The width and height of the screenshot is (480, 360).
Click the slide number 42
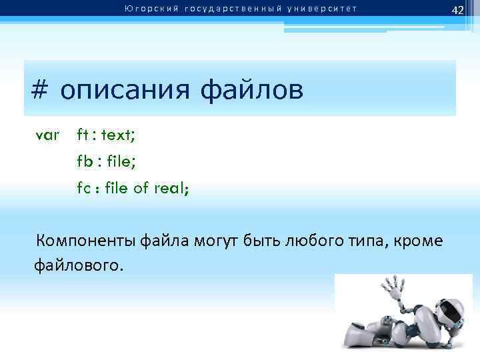coord(457,10)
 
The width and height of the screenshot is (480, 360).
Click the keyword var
coord(47,135)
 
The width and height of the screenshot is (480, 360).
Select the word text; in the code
coord(119,135)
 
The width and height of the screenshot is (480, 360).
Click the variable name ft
coord(82,135)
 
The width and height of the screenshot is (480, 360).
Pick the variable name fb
coord(83,161)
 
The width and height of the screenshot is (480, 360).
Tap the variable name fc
coord(83,188)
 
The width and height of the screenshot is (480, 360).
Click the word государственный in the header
coord(225,9)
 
